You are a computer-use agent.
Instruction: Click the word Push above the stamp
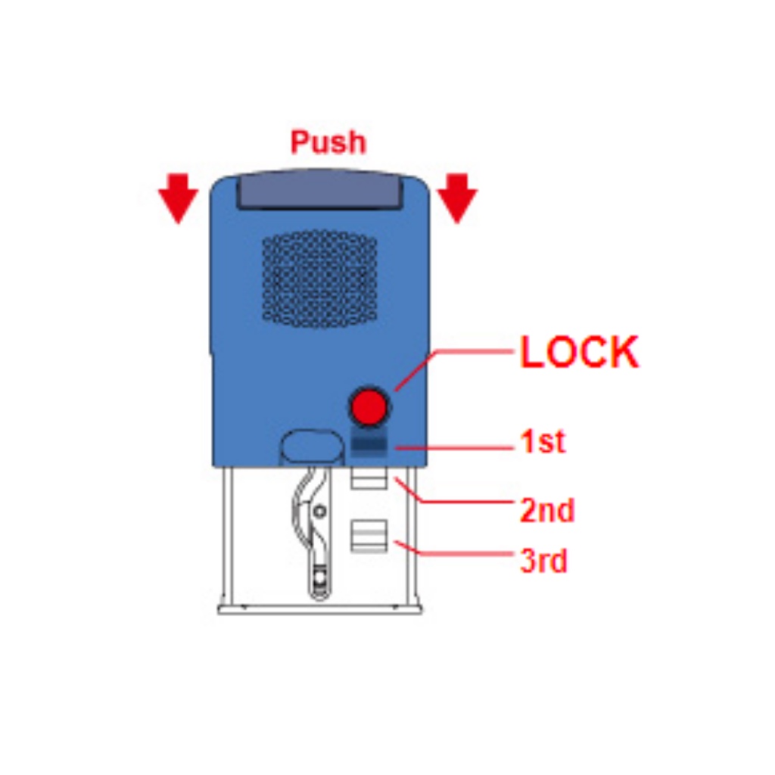coord(328,142)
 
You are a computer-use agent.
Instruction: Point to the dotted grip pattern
coord(319,279)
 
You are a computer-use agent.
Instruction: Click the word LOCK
coord(580,353)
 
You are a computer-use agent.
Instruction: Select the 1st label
coord(543,442)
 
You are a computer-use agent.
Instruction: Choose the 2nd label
coord(547,511)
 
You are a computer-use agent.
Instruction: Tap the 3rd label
coord(543,561)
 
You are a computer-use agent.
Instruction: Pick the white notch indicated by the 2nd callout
coord(369,480)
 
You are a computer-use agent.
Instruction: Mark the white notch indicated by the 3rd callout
coord(369,535)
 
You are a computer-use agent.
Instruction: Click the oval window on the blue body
coord(310,447)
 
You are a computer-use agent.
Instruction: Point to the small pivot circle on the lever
coord(320,512)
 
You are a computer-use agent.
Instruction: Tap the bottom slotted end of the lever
coord(321,579)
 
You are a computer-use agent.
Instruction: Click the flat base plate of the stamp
coord(319,608)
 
